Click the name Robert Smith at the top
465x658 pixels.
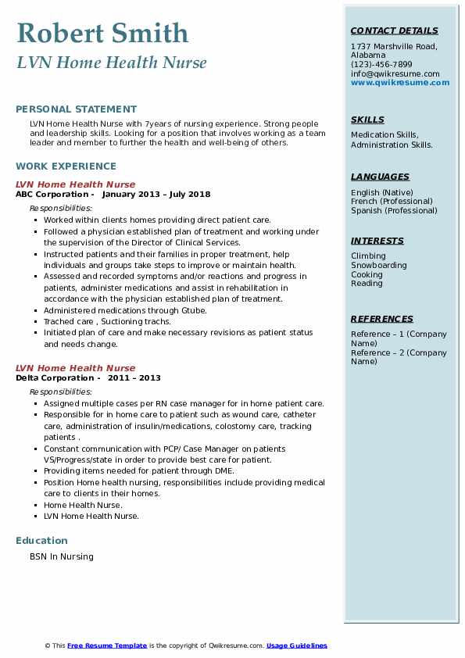pyautogui.click(x=102, y=34)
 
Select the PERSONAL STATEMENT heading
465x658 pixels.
pyautogui.click(x=76, y=109)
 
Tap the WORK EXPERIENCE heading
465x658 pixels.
pyautogui.click(x=66, y=166)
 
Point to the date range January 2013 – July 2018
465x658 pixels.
pyautogui.click(x=156, y=194)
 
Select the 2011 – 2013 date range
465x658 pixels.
pyautogui.click(x=134, y=377)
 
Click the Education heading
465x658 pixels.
pyautogui.click(x=41, y=540)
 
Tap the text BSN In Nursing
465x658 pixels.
pyautogui.click(x=62, y=556)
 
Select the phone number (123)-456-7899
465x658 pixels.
pyautogui.click(x=381, y=65)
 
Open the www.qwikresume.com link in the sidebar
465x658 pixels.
pyautogui.click(x=400, y=82)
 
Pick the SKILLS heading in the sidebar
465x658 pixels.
pyautogui.click(x=367, y=120)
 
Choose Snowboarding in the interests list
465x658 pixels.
pyautogui.click(x=379, y=265)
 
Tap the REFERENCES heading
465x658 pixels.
pyautogui.click(x=382, y=319)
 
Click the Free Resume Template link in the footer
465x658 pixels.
pyautogui.click(x=107, y=645)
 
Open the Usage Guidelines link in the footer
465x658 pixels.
pyautogui.click(x=297, y=645)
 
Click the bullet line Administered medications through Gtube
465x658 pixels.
pyautogui.click(x=125, y=310)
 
